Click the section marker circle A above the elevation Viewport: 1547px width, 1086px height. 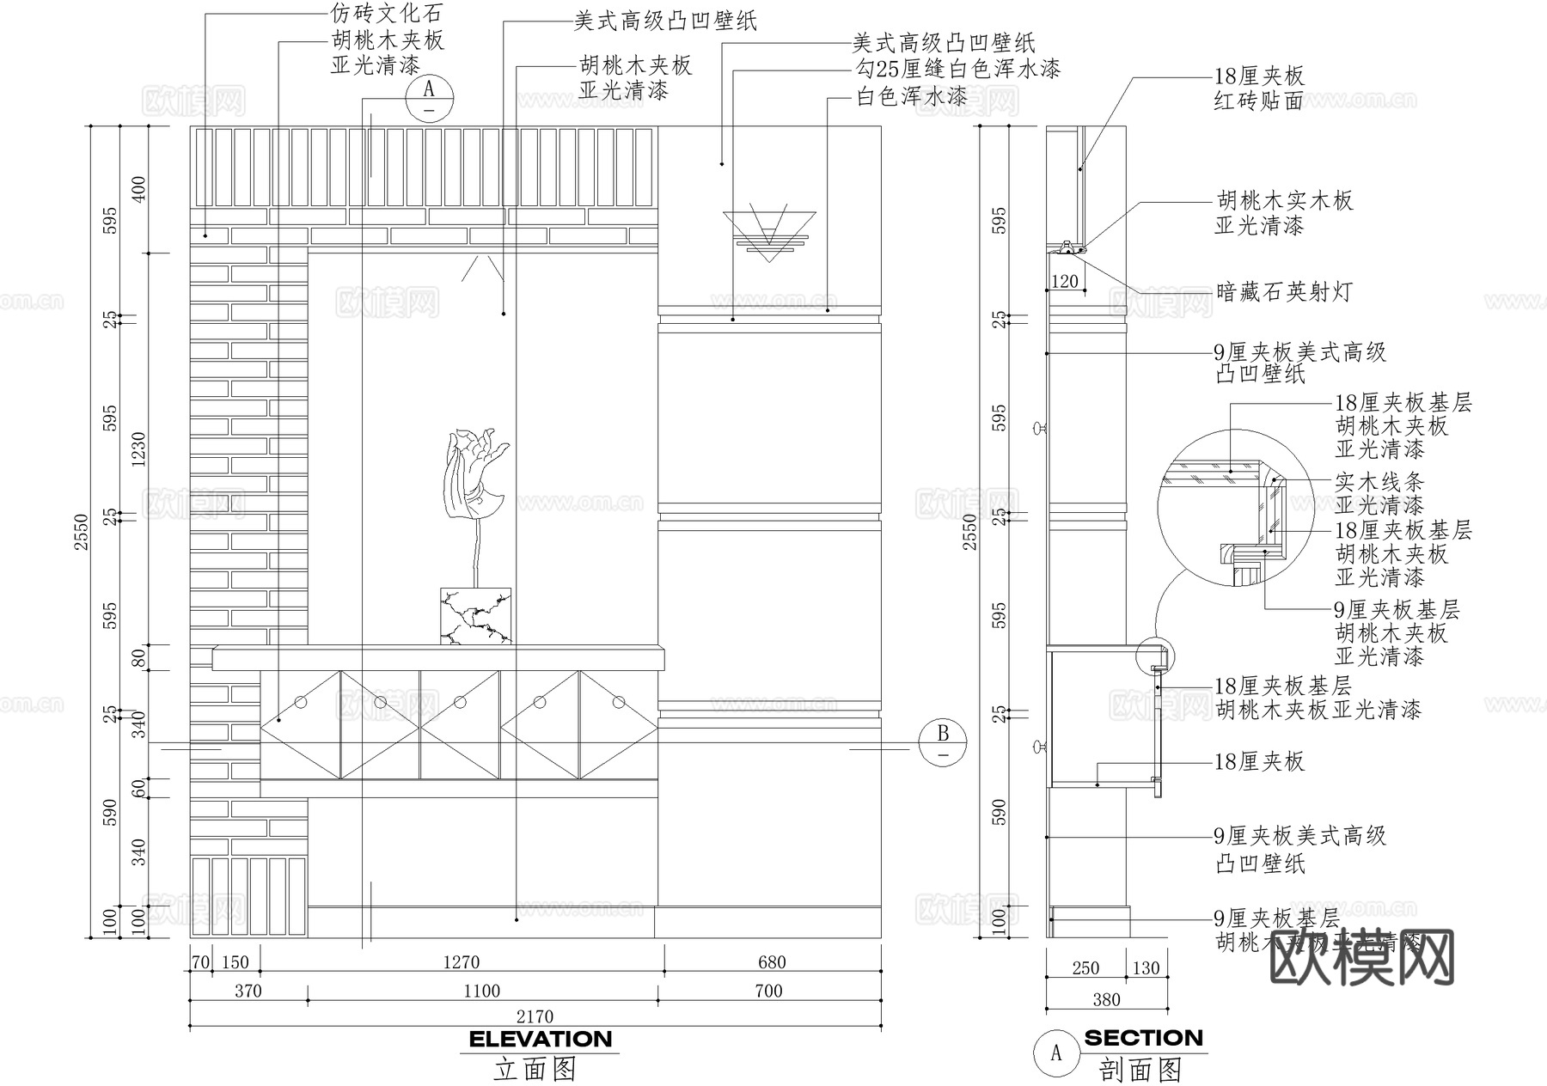coord(429,98)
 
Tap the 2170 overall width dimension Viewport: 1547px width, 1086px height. coord(535,1016)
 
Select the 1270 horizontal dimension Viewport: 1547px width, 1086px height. coord(461,962)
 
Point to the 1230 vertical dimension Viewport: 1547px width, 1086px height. coord(138,448)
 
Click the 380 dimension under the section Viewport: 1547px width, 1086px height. coord(1106,999)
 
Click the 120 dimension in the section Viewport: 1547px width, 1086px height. coord(1064,281)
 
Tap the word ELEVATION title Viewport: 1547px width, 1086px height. coord(541,1040)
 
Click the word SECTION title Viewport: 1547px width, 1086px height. coord(1143,1038)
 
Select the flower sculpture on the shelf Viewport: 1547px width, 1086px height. coord(475,481)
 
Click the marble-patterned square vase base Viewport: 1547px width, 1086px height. coord(475,616)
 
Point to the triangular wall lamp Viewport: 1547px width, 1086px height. coord(769,232)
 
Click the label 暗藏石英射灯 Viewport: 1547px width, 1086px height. coord(1284,292)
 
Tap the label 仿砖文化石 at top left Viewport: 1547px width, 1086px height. coord(386,13)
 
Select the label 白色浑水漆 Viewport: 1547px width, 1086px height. coord(911,96)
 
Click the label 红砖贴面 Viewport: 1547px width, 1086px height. coord(1258,101)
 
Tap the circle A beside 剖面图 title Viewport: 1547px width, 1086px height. coord(1056,1052)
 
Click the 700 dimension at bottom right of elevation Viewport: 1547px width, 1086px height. coord(768,991)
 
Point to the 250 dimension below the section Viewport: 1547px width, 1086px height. coord(1085,968)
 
